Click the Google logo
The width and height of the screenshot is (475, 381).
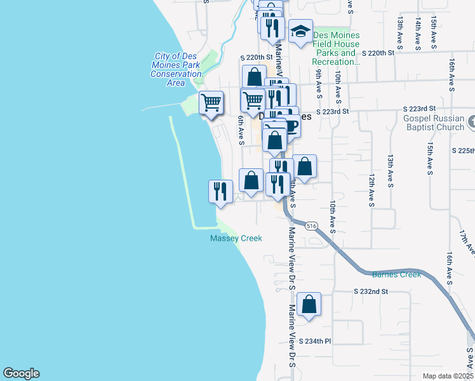point(21,373)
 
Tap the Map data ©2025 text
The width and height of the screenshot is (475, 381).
point(448,376)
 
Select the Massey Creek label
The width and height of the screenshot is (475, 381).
point(236,238)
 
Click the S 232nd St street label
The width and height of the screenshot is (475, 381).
point(370,291)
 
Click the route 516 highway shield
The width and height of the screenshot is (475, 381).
point(311,226)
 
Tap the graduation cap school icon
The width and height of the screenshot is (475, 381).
point(300,32)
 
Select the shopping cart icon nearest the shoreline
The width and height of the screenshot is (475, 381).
point(211,102)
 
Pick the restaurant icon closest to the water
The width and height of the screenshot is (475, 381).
point(220,190)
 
